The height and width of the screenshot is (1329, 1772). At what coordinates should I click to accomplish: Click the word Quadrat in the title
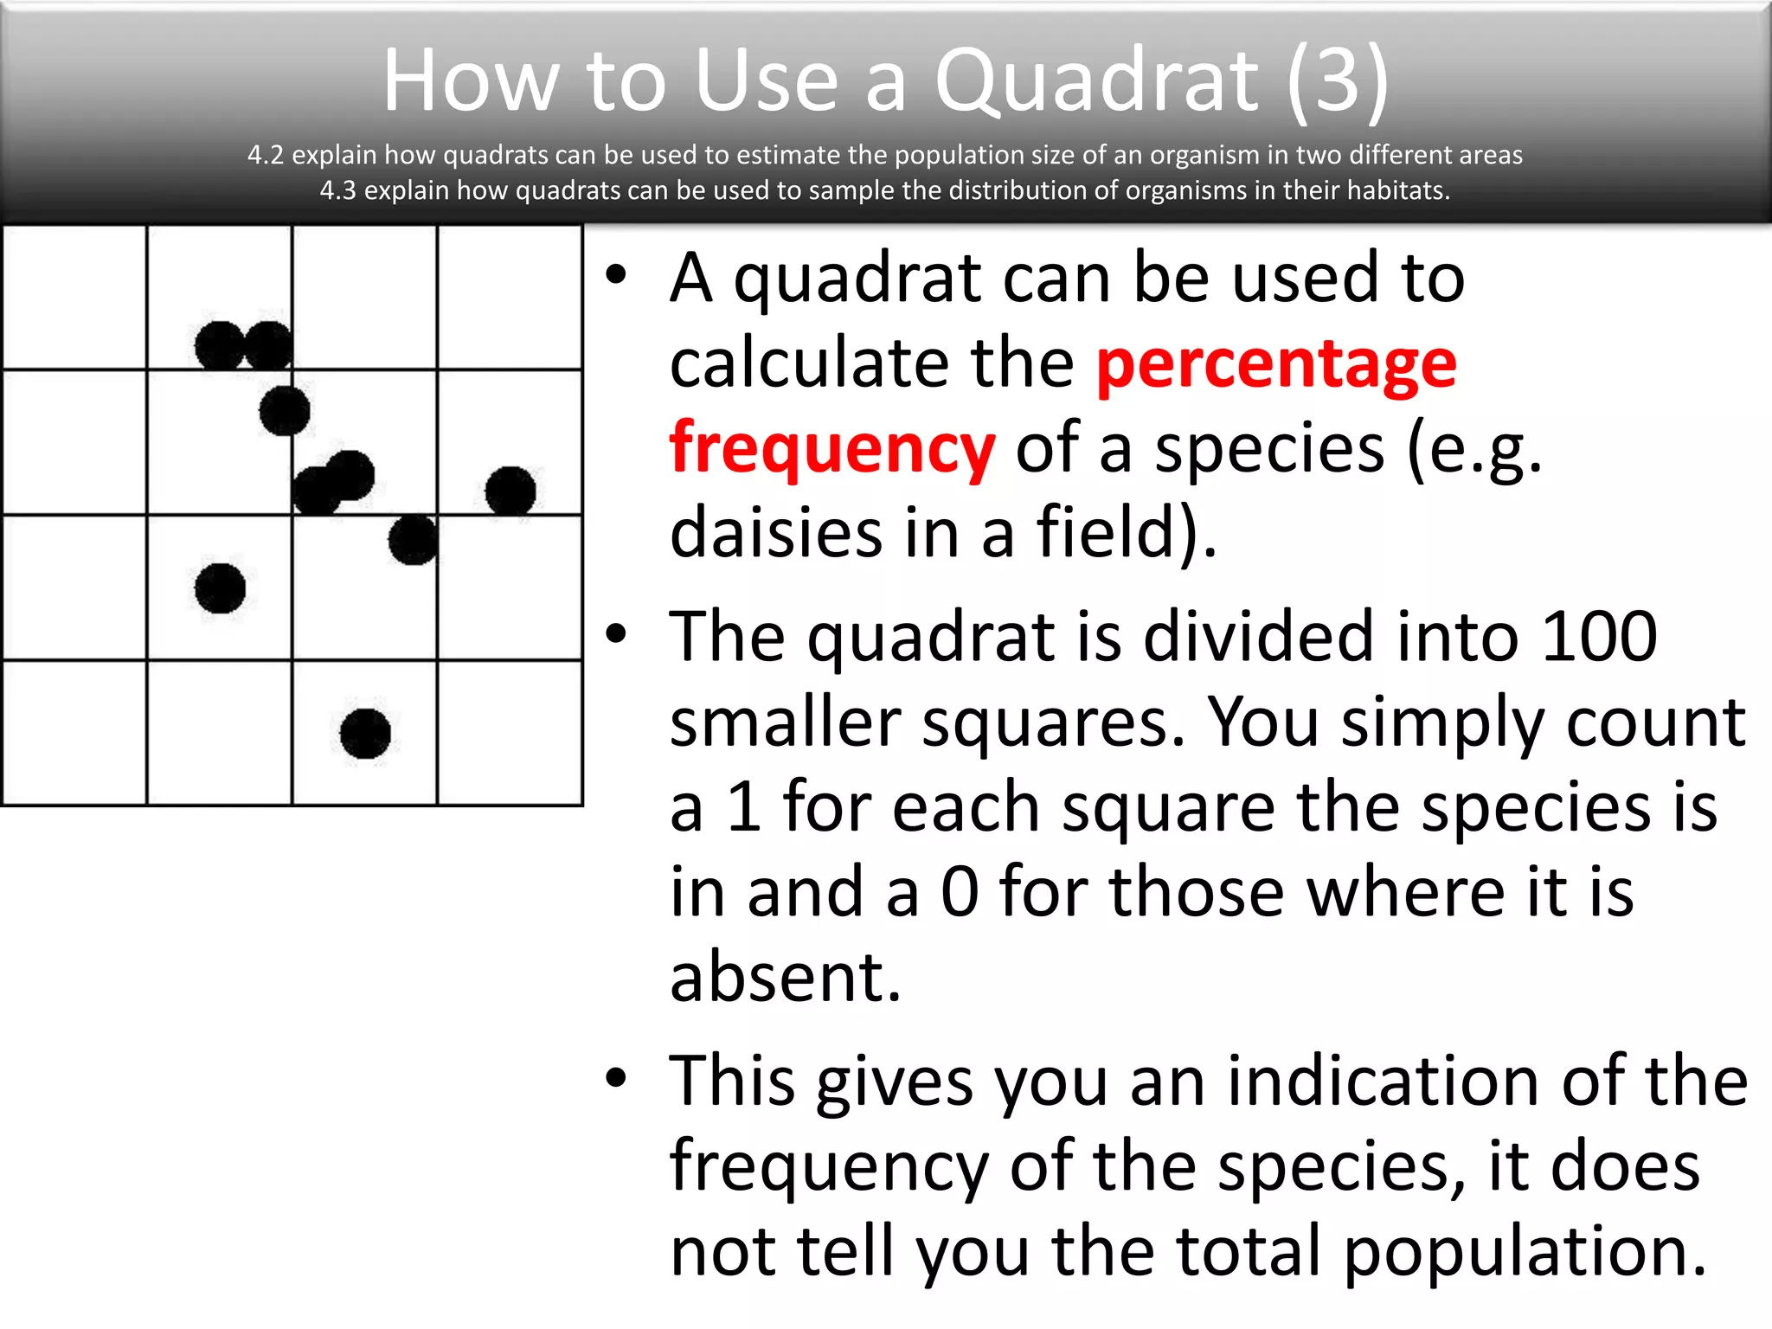point(1096,80)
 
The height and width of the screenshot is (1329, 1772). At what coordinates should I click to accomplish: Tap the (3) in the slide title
point(1338,80)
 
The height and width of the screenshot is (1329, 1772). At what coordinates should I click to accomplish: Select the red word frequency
point(831,448)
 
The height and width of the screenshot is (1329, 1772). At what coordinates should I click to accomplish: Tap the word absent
point(786,977)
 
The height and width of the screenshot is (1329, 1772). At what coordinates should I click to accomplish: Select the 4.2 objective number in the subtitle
point(266,155)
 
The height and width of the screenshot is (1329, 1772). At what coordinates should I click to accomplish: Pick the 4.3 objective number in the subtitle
point(337,190)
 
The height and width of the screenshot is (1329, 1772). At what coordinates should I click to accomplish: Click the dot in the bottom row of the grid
point(365,734)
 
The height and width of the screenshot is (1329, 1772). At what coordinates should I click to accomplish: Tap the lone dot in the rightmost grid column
point(510,491)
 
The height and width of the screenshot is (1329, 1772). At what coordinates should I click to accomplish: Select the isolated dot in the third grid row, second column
point(220,588)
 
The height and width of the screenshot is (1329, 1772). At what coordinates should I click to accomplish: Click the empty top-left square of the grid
point(74,297)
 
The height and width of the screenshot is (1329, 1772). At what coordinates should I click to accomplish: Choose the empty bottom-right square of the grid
point(510,733)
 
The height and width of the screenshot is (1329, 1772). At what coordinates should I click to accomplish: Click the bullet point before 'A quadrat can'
point(615,276)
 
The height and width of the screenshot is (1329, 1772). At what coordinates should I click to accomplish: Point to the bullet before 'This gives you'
point(615,1078)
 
